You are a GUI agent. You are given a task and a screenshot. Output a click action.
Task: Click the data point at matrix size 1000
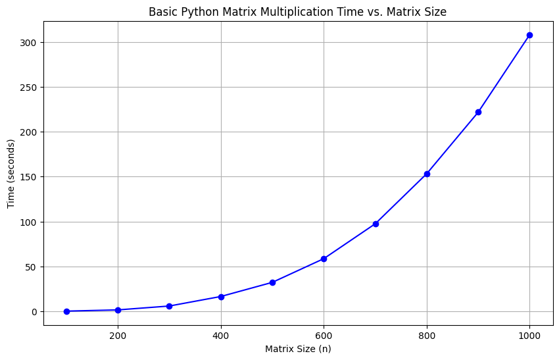(x=529, y=35)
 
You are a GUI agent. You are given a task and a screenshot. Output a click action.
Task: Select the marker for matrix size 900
(x=478, y=112)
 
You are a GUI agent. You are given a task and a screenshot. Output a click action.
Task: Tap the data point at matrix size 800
(x=427, y=174)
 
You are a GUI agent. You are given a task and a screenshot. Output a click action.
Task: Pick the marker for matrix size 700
(x=376, y=224)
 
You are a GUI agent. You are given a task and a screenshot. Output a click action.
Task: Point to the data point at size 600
(x=324, y=259)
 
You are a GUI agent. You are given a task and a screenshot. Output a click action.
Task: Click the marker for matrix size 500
(x=272, y=282)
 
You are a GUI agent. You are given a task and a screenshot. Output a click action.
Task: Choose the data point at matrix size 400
(x=221, y=297)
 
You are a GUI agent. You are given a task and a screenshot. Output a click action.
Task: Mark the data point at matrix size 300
(x=169, y=306)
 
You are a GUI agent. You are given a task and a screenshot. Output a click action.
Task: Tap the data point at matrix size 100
(x=66, y=311)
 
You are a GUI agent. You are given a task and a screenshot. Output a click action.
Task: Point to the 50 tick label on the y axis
(x=32, y=267)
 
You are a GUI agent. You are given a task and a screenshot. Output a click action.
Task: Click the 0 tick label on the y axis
(x=34, y=312)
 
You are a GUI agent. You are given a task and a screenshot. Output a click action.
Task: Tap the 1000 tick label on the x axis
(x=529, y=336)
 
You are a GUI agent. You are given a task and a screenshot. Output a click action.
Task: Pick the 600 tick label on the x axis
(x=324, y=336)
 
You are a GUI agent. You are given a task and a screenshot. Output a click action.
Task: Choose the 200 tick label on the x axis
(x=118, y=336)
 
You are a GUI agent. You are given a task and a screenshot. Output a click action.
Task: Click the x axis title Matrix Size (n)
(x=298, y=349)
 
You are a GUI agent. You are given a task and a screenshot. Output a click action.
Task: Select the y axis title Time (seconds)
(x=11, y=174)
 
